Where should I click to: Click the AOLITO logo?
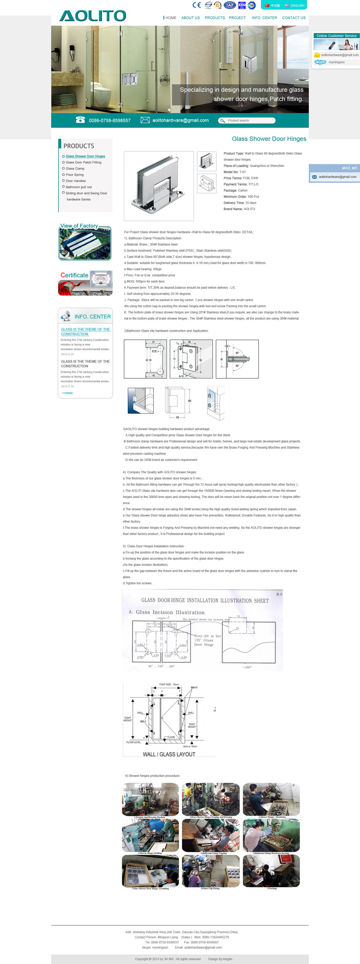pos(93,16)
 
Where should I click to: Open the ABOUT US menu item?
pos(190,18)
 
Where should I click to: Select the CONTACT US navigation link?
pos(293,18)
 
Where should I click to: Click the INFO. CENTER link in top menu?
pos(264,18)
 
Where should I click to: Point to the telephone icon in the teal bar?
pos(81,120)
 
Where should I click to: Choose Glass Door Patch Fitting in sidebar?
pos(83,163)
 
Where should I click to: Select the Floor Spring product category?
pos(74,175)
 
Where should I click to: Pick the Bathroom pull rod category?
pos(79,187)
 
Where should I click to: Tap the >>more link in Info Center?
pos(67,393)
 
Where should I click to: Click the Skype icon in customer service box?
pos(320,62)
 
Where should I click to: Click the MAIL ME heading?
pos(349,168)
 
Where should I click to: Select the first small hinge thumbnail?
pos(207,161)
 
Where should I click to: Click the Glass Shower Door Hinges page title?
pos(269,139)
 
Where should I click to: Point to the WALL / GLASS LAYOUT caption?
pos(169,754)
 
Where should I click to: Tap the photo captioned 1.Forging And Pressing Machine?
pos(150,799)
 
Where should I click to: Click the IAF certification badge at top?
pos(230,5)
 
